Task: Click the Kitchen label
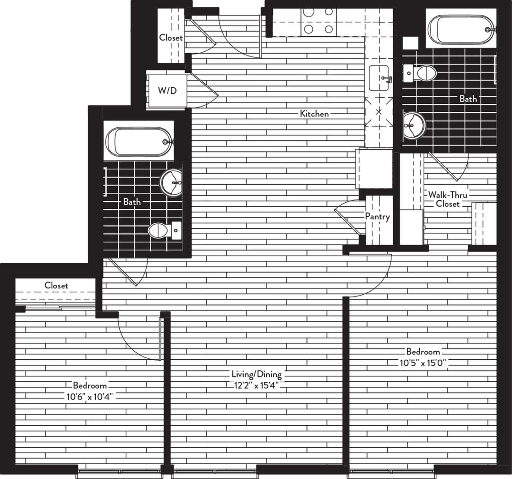point(314,114)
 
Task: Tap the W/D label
point(167,91)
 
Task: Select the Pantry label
point(377,217)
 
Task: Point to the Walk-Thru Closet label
point(448,199)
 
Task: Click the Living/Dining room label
point(256,374)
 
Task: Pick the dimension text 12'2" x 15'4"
point(256,386)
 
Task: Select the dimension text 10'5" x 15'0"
point(423,363)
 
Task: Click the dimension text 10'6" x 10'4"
point(90,396)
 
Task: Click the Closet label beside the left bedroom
point(56,286)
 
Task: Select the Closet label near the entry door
point(171,38)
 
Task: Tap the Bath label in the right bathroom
point(468,99)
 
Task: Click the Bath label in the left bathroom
point(132,202)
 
